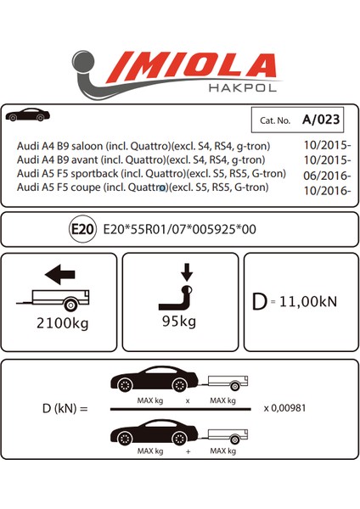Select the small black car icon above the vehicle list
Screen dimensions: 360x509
coord(27,115)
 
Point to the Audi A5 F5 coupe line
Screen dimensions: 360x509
coord(143,187)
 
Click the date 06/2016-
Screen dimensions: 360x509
coord(325,174)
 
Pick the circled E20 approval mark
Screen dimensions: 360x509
coord(84,228)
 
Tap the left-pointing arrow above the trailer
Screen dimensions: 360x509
coord(59,274)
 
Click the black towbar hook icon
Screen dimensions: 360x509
coord(178,299)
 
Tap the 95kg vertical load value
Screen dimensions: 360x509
coord(180,321)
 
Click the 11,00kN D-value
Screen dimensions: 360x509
coord(312,300)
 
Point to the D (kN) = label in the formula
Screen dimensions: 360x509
coord(59,408)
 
